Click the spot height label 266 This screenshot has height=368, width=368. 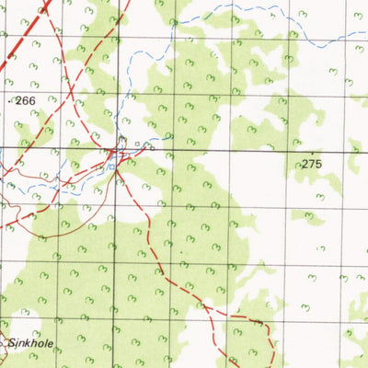[x=24, y=101]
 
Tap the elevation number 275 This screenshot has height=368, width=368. [x=314, y=163]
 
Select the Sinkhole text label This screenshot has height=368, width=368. [x=28, y=343]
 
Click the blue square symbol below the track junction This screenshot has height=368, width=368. [x=112, y=167]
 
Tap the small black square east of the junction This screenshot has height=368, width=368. [x=138, y=144]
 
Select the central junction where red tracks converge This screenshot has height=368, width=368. [x=120, y=152]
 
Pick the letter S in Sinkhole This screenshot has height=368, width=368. [x=11, y=343]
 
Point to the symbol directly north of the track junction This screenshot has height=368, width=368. [x=121, y=141]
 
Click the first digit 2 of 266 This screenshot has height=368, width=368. [x=17, y=101]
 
